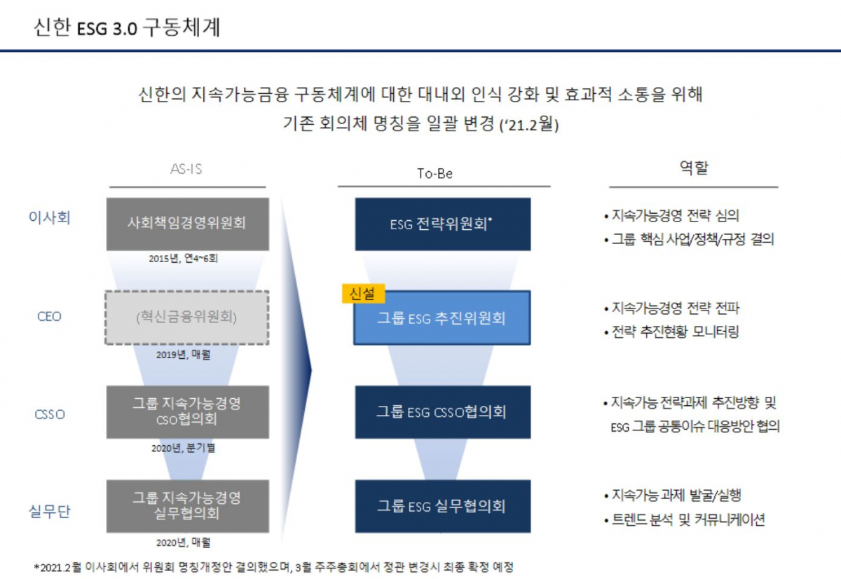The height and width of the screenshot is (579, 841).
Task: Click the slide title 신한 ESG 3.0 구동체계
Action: [127, 27]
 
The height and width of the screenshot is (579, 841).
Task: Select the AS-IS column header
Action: [187, 170]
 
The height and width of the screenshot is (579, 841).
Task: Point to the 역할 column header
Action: [694, 168]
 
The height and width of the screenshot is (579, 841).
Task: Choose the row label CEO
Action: [49, 316]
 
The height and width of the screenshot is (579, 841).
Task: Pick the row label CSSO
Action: [49, 414]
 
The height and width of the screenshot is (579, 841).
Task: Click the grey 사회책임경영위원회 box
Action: [187, 224]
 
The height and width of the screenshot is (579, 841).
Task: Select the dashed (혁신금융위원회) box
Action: [187, 317]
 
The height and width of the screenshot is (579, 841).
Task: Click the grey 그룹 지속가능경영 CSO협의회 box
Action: [187, 411]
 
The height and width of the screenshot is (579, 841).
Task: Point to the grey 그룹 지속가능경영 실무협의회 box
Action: [187, 505]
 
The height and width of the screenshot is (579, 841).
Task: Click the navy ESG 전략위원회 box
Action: [442, 224]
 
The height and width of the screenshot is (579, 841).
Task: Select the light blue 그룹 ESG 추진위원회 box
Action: [442, 318]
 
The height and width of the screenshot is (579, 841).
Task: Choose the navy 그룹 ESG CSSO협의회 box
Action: [442, 411]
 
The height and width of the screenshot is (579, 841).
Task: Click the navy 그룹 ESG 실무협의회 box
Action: [442, 505]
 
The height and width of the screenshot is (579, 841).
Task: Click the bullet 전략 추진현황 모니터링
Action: [671, 332]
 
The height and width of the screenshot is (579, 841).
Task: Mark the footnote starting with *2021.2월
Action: [274, 566]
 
